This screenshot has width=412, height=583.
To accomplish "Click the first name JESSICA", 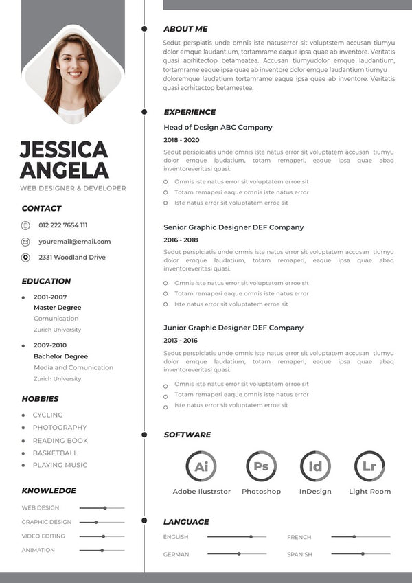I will pos(64,150).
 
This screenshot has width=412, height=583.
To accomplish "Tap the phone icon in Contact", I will pos(25,225).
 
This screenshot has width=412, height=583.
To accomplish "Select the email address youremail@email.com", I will pos(74,242).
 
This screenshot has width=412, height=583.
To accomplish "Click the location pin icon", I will pos(25,258).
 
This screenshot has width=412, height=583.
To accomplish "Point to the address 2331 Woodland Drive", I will pos(72,258).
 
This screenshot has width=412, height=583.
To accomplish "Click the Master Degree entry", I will pos(57,308).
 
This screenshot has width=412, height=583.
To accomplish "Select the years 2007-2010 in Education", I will pos(50,345).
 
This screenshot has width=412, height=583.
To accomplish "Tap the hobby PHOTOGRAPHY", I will pos(60,428).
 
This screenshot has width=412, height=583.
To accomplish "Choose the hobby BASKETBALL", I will pos(55,453).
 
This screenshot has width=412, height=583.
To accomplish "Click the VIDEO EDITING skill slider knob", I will pos(103,536).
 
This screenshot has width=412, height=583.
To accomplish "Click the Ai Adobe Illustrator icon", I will pos(201,466).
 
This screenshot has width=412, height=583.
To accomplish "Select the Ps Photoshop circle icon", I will pos(261,466).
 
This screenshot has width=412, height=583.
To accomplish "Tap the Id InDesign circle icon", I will pos(315,466).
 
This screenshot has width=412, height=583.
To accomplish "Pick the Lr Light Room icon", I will pos(369,466).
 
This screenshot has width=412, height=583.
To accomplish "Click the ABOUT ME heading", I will pos(185,29).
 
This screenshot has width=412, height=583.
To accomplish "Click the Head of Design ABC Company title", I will pos(218,128).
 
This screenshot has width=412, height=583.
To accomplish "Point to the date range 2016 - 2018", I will pos(181,240).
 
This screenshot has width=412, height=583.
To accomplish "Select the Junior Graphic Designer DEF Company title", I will pos(233,328).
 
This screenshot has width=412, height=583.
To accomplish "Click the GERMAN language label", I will pos(176,554).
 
